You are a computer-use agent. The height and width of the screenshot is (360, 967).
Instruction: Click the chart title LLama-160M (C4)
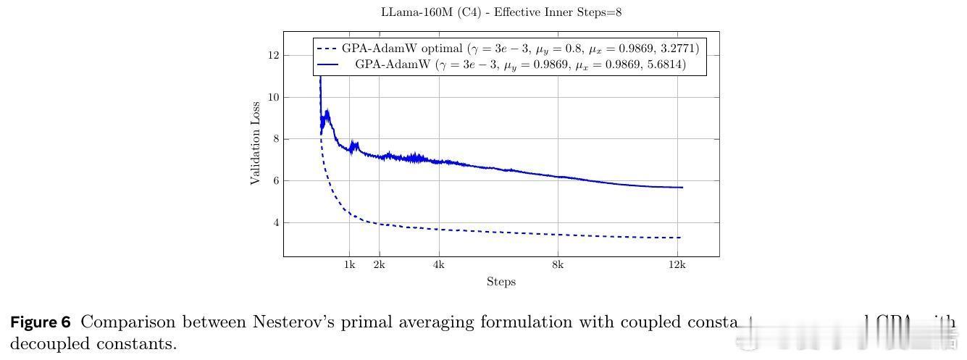pyautogui.click(x=501, y=12)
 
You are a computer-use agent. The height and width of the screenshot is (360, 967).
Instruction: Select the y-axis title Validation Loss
pyautogui.click(x=255, y=143)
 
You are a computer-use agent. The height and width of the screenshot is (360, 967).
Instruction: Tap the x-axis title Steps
pyautogui.click(x=501, y=282)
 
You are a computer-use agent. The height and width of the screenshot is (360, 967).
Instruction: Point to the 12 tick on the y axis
pyautogui.click(x=272, y=55)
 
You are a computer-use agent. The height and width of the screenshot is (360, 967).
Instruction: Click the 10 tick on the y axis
pyautogui.click(x=272, y=97)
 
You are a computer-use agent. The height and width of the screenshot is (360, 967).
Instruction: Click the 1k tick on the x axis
pyautogui.click(x=349, y=265)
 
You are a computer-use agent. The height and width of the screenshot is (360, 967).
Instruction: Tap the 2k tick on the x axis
pyautogui.click(x=379, y=265)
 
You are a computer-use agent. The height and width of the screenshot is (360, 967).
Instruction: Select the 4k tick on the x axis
pyautogui.click(x=438, y=265)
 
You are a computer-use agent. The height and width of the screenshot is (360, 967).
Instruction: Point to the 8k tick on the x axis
pyautogui.click(x=557, y=265)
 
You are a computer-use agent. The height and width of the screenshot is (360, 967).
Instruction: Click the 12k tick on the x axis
pyautogui.click(x=677, y=265)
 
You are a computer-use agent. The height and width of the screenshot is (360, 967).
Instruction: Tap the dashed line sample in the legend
pyautogui.click(x=328, y=49)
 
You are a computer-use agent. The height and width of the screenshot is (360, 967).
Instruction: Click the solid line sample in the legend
pyautogui.click(x=328, y=64)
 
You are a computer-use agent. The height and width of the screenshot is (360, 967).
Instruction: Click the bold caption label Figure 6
pyautogui.click(x=41, y=322)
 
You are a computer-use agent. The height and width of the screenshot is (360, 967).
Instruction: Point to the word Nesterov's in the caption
pyautogui.click(x=289, y=322)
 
